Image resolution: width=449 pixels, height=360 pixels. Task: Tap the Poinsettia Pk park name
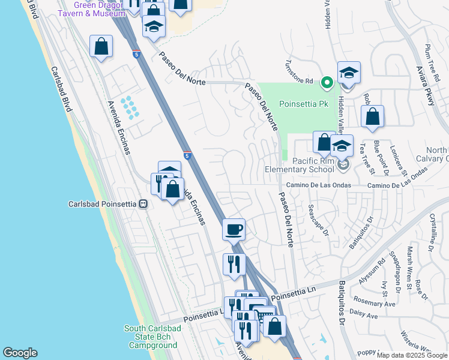point(307,104)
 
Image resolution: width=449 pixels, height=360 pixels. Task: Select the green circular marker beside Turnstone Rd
point(327,82)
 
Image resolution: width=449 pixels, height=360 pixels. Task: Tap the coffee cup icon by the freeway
point(234,229)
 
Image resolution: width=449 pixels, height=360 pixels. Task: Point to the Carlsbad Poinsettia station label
point(101,203)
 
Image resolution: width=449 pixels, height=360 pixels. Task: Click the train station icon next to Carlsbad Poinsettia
point(143,203)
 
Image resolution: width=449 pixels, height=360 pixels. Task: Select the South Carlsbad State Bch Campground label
point(151,337)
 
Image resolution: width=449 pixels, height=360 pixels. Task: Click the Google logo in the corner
point(20,352)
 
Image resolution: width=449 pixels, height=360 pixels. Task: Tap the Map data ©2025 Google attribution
point(412,355)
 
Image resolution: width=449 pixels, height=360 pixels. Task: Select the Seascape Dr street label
point(318,221)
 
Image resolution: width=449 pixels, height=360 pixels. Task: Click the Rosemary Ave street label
point(374,302)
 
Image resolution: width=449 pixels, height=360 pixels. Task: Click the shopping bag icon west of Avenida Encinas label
point(101,46)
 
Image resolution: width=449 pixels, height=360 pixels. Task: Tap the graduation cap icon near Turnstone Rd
point(349,73)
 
